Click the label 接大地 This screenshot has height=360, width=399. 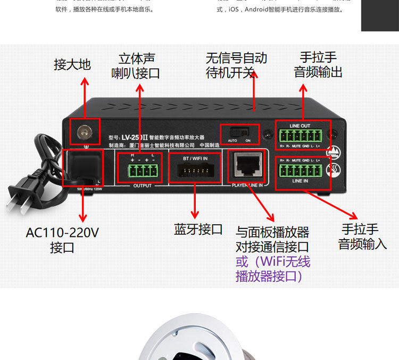72,65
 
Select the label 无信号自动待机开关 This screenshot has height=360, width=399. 236,65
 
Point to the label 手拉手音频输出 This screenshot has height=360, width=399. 318,64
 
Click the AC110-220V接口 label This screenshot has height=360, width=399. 62,240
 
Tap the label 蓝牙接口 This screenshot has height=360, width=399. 198,230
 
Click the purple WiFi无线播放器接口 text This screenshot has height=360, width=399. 272,269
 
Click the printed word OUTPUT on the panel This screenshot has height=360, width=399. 142,186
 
